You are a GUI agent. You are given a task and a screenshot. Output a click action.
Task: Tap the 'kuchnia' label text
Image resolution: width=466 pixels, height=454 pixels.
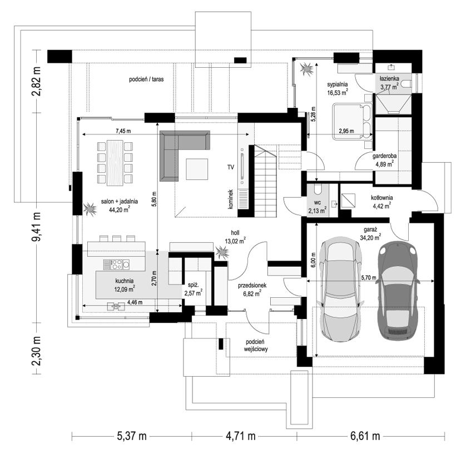click(125, 281)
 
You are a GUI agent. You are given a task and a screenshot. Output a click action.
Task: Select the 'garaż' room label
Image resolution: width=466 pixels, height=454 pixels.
click(370, 230)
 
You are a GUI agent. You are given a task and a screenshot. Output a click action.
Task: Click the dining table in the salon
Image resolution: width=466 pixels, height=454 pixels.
click(115, 162)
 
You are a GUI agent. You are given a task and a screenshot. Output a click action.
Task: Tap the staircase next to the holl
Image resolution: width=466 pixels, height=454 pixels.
click(266, 181)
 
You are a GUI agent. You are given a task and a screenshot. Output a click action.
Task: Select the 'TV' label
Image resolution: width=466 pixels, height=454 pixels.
click(231, 167)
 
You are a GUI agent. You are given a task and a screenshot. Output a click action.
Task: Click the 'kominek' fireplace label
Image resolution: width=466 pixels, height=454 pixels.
click(231, 199)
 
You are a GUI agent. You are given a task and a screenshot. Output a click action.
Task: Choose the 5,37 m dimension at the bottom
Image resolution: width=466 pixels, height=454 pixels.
click(131, 436)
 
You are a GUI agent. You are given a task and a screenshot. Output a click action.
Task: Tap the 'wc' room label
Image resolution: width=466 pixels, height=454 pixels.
click(317, 203)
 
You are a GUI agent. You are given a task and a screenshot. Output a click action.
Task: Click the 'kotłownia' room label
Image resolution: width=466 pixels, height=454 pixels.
click(382, 197)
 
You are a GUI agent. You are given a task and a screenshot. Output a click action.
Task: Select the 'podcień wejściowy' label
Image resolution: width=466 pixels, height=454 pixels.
click(256, 345)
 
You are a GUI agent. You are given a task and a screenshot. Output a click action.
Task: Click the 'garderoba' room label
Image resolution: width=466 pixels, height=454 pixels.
click(385, 156)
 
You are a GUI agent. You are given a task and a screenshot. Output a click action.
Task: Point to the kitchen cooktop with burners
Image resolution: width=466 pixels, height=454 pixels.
click(117, 265)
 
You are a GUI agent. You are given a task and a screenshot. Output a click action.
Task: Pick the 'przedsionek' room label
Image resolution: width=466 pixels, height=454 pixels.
click(252, 285)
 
